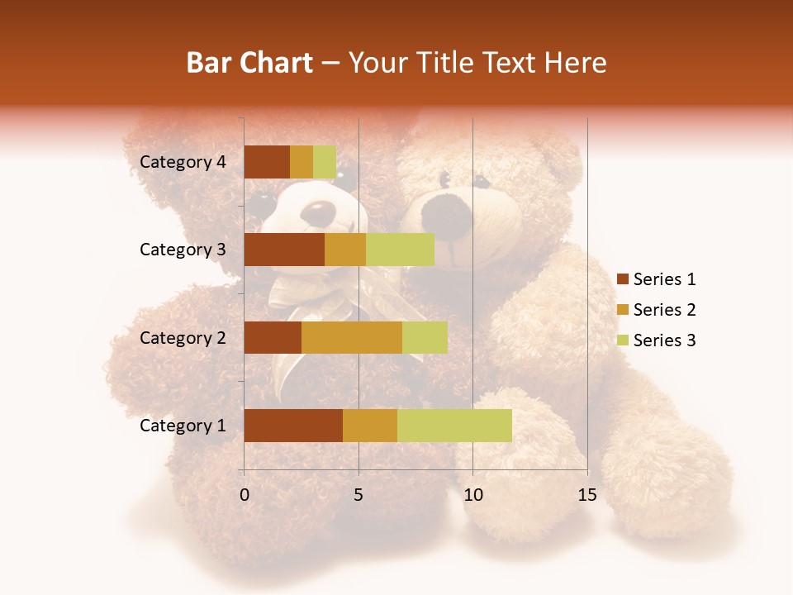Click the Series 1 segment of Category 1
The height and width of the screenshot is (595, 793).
click(293, 425)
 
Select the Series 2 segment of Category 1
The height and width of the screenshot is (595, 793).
click(370, 425)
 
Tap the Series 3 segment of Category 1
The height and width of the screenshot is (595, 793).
click(454, 425)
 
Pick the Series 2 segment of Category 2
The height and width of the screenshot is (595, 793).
click(352, 337)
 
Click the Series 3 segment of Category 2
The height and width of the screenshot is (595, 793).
click(425, 337)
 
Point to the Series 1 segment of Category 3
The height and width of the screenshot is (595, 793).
click(284, 250)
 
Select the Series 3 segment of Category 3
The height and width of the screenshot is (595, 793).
click(400, 250)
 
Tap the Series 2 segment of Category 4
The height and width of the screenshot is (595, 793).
click(302, 162)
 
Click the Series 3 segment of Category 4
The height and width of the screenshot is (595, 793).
click(325, 162)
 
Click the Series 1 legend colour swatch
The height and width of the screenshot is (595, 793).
click(623, 279)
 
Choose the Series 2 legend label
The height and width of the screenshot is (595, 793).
click(664, 310)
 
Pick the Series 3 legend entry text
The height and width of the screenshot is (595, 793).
click(664, 340)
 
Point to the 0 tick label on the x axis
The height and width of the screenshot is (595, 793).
click(245, 495)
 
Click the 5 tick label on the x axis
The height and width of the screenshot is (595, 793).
click(359, 495)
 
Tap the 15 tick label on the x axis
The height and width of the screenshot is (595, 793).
click(587, 495)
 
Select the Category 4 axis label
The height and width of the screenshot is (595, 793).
click(183, 162)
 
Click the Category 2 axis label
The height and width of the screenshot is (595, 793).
click(183, 337)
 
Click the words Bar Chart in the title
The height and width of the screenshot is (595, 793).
click(249, 63)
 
